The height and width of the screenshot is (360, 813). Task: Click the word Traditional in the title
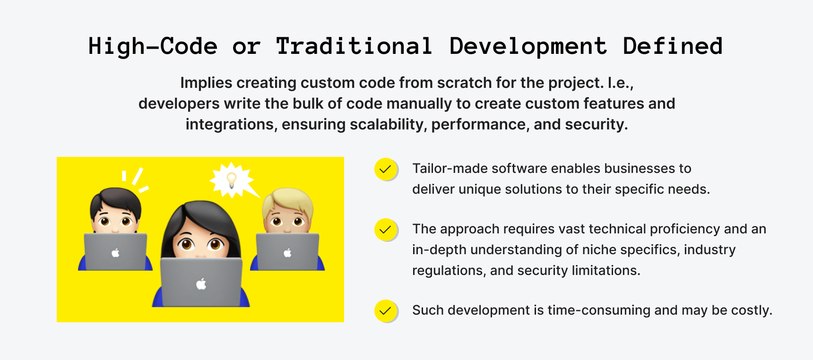click(x=354, y=46)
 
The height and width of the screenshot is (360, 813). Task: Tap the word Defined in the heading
click(x=673, y=46)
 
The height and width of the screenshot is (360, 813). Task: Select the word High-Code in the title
click(x=153, y=46)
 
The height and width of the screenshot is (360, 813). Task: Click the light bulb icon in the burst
click(x=232, y=180)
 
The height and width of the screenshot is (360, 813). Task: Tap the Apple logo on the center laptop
click(x=201, y=284)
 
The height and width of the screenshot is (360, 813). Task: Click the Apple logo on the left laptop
click(x=115, y=253)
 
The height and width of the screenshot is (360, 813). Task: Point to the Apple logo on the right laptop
click(x=287, y=253)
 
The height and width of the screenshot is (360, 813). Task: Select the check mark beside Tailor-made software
click(x=386, y=169)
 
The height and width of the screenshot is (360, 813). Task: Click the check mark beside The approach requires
click(x=386, y=230)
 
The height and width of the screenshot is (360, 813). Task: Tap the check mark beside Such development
click(x=386, y=311)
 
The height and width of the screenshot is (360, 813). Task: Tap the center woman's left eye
click(x=186, y=244)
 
